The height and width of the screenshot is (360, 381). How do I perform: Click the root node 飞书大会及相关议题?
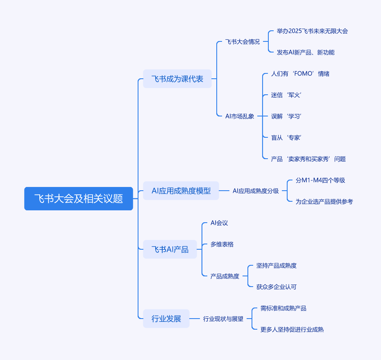tap(79, 198)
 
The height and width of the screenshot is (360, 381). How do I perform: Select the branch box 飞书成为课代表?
tap(177, 79)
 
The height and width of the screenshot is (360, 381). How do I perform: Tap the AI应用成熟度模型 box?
tap(181, 191)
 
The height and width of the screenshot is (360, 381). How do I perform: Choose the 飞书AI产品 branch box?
tap(170, 249)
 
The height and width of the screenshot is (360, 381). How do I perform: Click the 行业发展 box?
tap(166, 319)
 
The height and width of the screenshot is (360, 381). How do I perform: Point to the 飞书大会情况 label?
tap(242, 42)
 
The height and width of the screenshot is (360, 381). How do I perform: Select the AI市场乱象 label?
tap(240, 116)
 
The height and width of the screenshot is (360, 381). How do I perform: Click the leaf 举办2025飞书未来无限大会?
tap(312, 31)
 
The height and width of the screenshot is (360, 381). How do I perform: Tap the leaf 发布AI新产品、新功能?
tap(306, 52)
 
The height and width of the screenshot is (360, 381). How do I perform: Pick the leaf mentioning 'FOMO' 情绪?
tap(300, 74)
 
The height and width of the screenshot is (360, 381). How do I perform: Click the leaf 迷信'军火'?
tap(286, 95)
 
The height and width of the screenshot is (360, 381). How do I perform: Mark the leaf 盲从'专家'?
tap(286, 138)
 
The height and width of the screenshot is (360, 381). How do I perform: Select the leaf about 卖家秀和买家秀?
tap(308, 159)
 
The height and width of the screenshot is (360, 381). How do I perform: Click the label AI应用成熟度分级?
tap(256, 191)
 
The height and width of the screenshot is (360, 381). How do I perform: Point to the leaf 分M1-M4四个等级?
tap(320, 180)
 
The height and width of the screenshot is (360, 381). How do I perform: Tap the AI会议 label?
tap(219, 223)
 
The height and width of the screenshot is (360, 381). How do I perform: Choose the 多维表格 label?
tap(222, 244)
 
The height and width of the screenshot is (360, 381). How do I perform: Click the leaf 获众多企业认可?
tap(277, 287)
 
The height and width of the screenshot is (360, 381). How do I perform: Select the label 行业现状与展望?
tap(223, 319)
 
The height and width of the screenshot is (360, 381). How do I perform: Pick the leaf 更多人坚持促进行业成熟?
tap(292, 330)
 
